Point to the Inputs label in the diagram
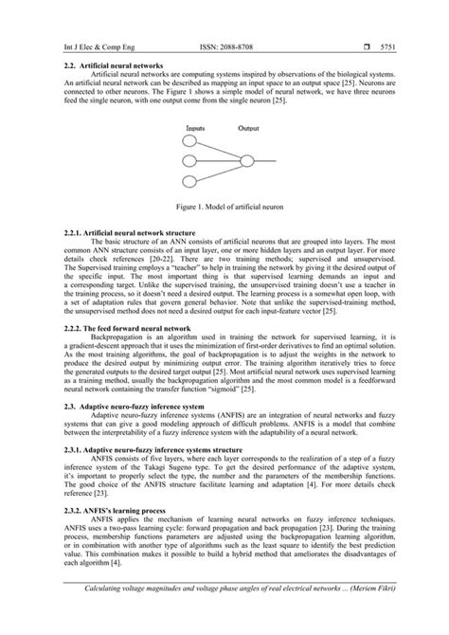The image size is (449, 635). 197,125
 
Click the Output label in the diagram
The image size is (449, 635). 248,125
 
